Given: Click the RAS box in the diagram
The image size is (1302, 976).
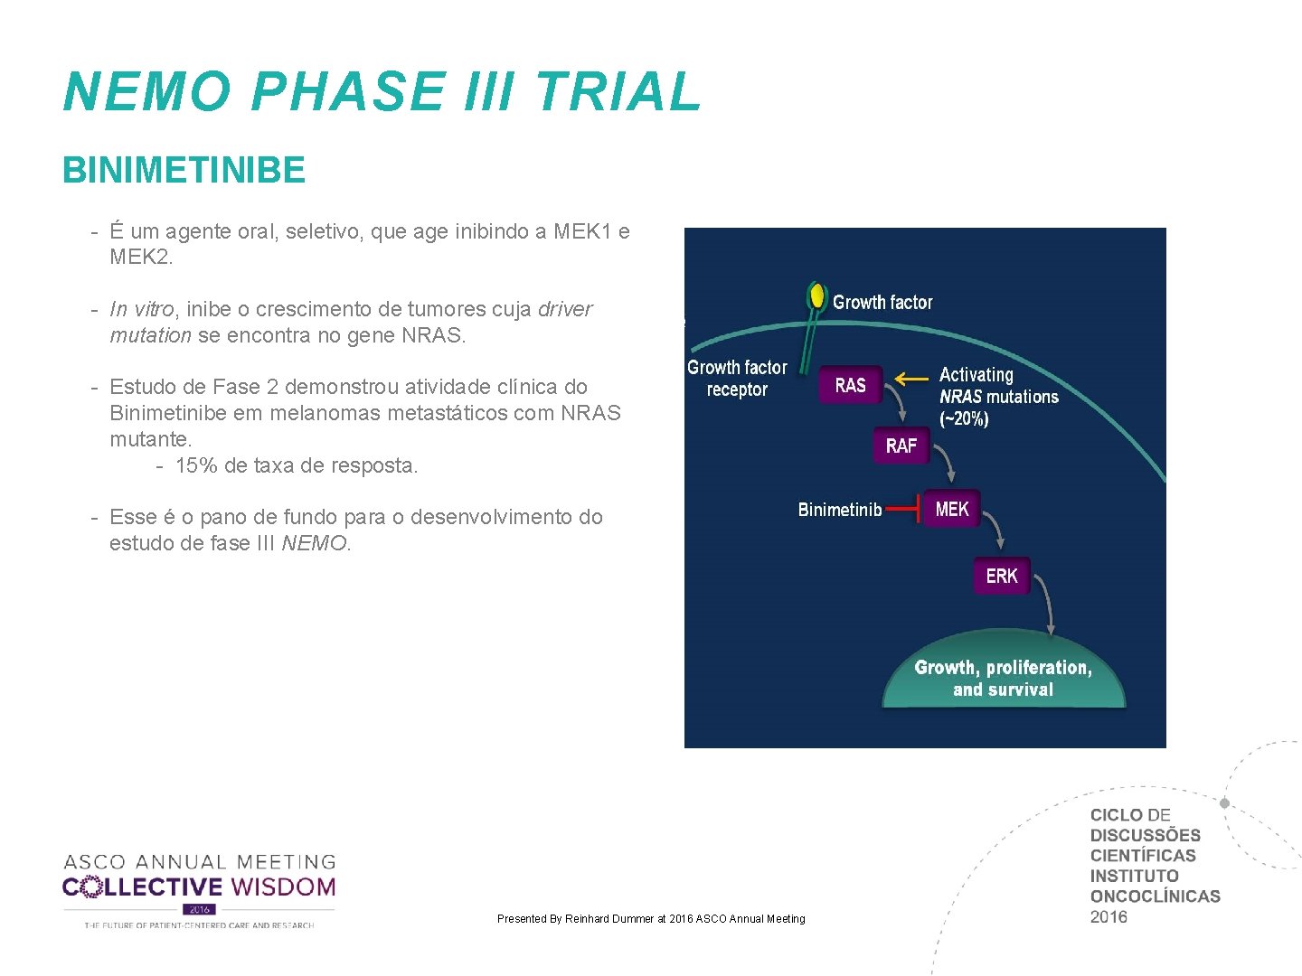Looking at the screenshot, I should pos(850,385).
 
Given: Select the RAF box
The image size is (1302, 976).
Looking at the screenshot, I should pos(901,446).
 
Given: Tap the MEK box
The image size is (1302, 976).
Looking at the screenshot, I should pos(951,510).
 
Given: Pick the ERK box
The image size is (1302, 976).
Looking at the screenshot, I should pos(1002,576).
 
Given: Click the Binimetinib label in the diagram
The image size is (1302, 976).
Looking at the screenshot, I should pos(839,510).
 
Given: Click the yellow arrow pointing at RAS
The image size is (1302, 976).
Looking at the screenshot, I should pos(911,379).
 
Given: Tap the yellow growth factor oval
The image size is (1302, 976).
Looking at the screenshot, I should pos(817,296).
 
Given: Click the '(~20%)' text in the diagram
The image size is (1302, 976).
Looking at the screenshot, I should pos(964,418).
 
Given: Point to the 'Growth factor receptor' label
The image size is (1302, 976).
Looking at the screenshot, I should pos(737,379).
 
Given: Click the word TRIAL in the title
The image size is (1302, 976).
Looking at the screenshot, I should pos(618,92).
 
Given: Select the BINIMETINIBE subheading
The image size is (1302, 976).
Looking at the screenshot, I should pos(184,170).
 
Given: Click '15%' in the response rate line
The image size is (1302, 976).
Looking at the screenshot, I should pos(195,465).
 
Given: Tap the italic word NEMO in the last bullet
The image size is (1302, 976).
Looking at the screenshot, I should pos(314,543).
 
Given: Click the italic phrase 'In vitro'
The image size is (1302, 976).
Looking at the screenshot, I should pos(142,309).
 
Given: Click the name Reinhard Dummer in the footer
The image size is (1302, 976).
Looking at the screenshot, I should pos(609,919).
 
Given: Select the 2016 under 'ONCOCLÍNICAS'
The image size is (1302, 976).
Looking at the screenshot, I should pos(1109,916).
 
